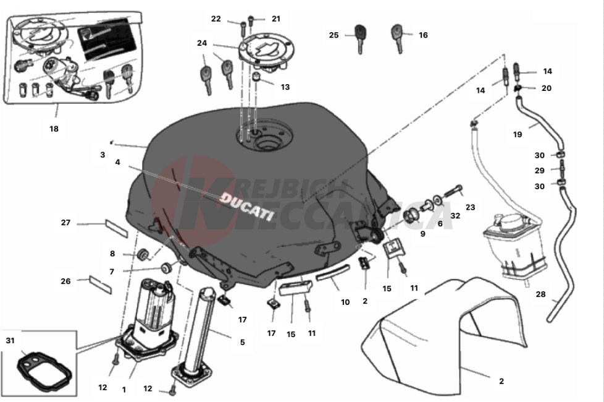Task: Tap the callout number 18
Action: click(54, 129)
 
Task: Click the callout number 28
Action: click(540, 294)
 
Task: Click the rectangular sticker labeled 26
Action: click(101, 283)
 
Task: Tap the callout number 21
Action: click(275, 19)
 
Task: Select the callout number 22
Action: click(216, 19)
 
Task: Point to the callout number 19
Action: click(518, 134)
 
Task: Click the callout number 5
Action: click(242, 342)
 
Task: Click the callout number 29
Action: click(540, 170)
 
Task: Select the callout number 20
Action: click(546, 88)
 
